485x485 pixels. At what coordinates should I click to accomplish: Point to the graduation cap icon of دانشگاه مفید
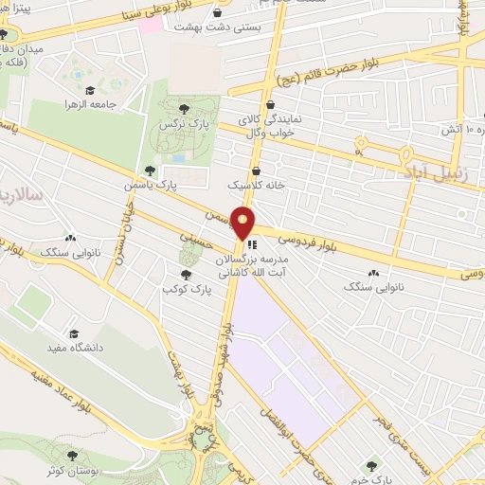point(75,334)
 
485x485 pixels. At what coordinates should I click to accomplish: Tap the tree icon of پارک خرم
point(371,465)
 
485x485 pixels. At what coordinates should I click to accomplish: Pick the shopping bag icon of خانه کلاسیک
point(257,171)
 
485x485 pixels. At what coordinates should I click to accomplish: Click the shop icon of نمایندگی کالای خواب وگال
point(272,105)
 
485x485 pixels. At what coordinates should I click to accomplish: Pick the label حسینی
point(197,243)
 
